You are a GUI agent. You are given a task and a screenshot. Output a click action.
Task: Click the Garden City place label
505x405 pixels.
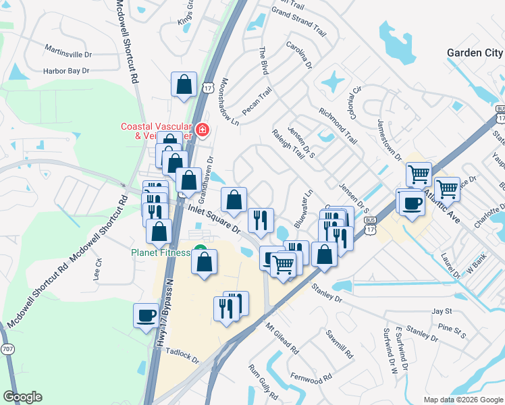[x=475, y=53]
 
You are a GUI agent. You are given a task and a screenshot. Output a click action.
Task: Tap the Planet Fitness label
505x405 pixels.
[x=159, y=252]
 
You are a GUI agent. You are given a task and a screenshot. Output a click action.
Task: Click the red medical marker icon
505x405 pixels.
[x=202, y=130]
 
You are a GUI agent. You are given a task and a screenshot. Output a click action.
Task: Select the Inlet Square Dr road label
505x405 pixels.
[x=214, y=220]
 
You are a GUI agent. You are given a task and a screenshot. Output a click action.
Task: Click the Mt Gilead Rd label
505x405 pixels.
[x=282, y=339]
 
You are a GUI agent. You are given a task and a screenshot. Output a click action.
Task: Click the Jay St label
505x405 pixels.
[x=441, y=312]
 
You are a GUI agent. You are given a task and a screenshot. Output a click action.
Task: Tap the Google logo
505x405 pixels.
[x=22, y=397]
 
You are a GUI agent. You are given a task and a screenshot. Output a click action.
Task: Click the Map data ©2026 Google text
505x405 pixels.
[x=463, y=400]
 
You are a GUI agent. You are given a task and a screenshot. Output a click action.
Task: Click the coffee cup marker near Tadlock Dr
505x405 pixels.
[x=147, y=315]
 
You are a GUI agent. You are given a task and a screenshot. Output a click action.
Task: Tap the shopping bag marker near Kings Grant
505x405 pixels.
[x=184, y=85]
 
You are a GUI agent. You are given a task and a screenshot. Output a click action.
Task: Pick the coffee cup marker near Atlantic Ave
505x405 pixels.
[x=411, y=202]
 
